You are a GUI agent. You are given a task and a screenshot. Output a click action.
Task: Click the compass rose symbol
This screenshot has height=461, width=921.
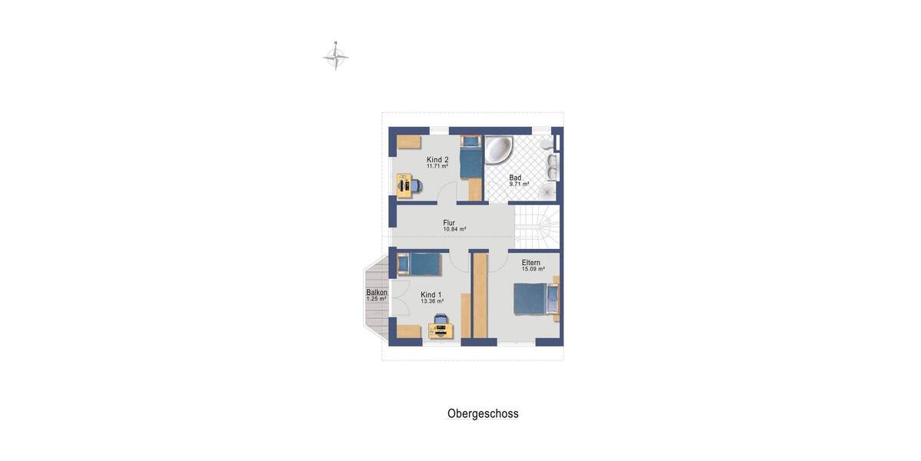point(335,57)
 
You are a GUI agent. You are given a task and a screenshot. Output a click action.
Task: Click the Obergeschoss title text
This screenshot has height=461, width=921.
point(483,413)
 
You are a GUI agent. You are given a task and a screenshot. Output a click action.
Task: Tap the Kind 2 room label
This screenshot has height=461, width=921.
point(437,160)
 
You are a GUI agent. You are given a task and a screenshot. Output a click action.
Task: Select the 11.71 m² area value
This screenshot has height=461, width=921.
point(437,166)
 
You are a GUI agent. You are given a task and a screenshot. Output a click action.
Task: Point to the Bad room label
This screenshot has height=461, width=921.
point(515,177)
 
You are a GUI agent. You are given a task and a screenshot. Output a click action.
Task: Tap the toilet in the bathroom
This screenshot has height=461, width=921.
point(546,144)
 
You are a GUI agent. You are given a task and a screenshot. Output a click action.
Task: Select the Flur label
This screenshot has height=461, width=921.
point(449,223)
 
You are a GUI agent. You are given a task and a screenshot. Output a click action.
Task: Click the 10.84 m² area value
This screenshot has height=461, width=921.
point(454,229)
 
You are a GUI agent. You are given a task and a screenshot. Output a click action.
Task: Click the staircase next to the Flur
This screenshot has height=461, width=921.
point(537,227)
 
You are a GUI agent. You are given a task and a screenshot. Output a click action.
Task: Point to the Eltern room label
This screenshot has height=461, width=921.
point(530,263)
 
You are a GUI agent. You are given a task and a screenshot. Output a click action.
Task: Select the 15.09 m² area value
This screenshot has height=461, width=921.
point(533,269)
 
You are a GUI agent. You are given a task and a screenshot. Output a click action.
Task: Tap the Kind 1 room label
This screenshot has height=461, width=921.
point(431,295)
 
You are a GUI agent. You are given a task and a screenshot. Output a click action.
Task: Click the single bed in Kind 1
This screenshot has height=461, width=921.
point(418,265)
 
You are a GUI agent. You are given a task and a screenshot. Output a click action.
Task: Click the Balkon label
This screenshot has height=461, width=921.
point(376,293)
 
